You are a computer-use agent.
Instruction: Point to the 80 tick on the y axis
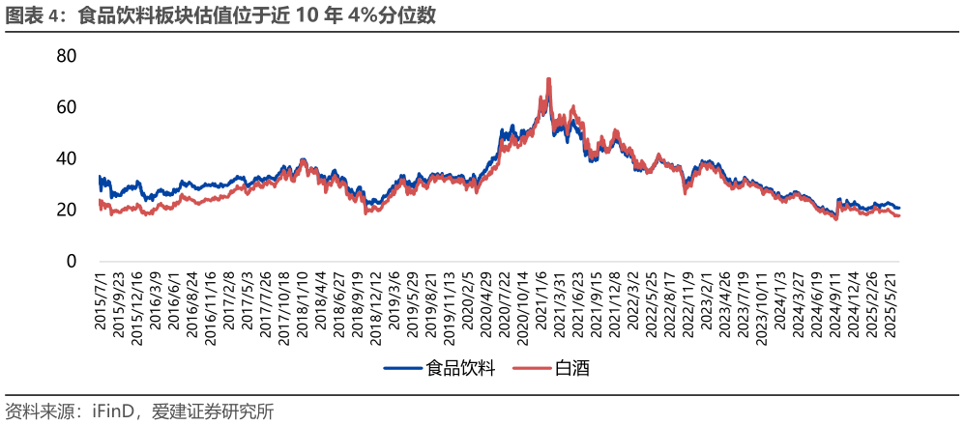(66, 56)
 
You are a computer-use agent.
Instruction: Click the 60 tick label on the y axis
(66, 107)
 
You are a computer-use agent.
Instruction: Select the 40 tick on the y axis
(66, 158)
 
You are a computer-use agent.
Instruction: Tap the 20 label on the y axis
(66, 210)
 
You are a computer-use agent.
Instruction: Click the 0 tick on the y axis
(72, 261)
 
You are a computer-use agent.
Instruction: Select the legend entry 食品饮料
(453, 368)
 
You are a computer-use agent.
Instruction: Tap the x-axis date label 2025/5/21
(895, 309)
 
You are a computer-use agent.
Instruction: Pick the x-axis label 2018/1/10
(303, 307)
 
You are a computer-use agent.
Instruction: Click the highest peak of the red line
(548, 79)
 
